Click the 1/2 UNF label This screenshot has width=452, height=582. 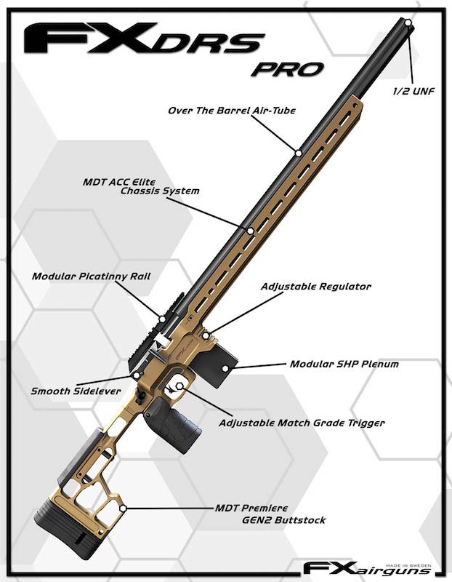pos(413,91)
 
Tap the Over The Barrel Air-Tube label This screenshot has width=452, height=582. pos(232,111)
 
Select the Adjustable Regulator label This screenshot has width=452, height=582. pos(316,286)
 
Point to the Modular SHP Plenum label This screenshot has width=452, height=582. pos(344,364)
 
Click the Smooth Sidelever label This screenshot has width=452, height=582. pos(76,391)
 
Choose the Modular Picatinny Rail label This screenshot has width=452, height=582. pos(92,276)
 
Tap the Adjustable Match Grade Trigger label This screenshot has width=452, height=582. pos(302,423)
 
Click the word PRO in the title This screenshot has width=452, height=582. pos(287,69)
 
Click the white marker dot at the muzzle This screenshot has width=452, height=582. pos(408,23)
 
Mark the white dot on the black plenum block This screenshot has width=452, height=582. pos(225,368)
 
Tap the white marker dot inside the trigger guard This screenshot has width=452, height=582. pos(179,386)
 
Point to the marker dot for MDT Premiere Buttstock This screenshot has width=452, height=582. pos(123,508)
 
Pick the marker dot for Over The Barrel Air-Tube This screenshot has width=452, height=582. pos(298,153)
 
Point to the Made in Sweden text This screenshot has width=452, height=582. pos(408,565)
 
